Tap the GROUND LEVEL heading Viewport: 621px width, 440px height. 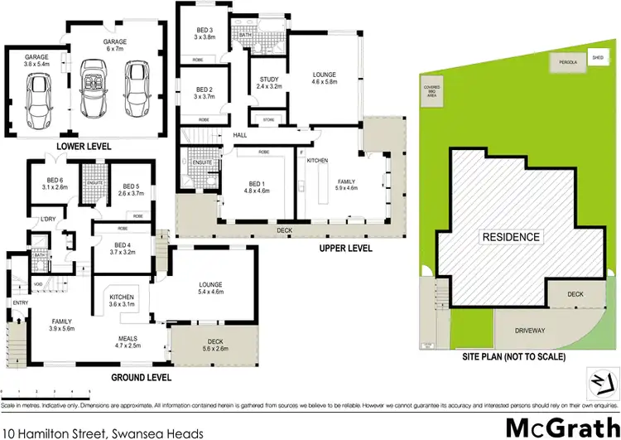click(x=142, y=377)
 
